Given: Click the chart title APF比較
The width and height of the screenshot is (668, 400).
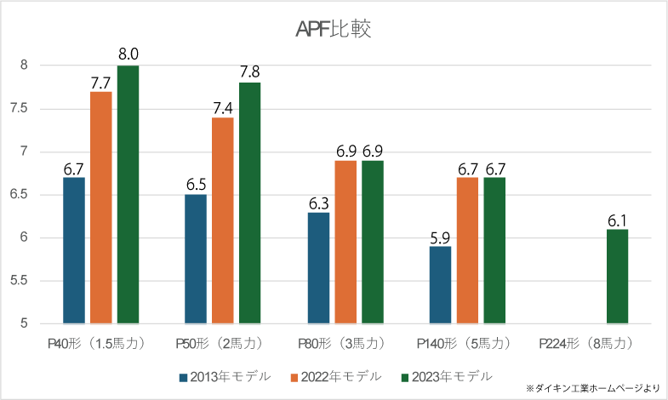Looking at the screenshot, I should click(333, 30).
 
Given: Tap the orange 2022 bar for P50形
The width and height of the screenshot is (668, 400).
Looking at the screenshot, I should click(223, 220).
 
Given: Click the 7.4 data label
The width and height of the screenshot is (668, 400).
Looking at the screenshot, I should click(223, 107).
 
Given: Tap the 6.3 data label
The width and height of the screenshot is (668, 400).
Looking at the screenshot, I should click(318, 203).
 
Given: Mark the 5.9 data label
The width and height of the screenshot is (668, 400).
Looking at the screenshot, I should click(440, 237).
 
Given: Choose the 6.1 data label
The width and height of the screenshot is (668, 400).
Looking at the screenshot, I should click(617, 220).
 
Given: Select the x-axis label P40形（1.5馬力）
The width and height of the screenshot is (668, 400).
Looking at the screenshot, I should click(100, 344).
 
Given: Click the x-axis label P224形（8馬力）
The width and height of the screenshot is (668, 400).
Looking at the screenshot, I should click(588, 344).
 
